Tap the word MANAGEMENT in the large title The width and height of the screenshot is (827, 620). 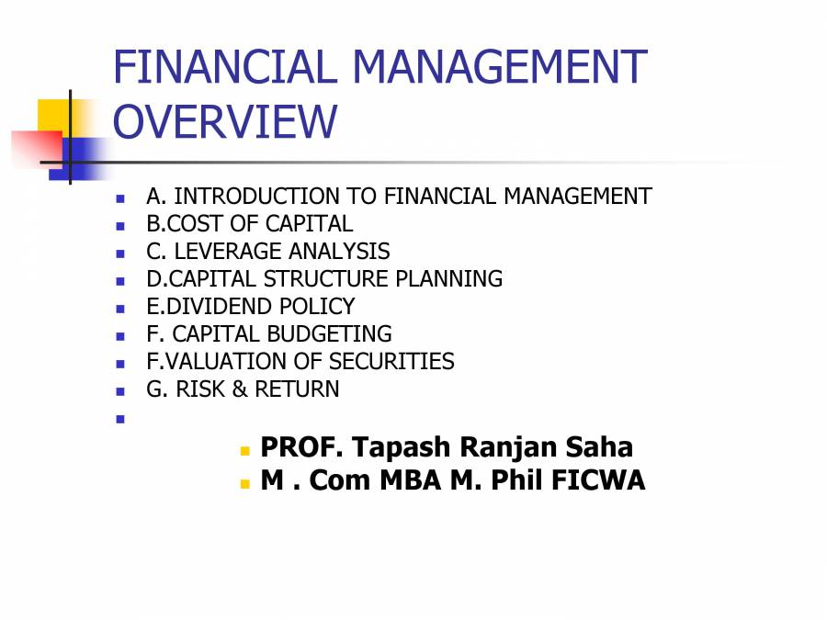(500, 68)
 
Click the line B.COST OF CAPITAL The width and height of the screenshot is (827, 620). (249, 224)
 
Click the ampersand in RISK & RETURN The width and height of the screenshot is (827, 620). (239, 389)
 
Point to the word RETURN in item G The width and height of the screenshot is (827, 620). (297, 389)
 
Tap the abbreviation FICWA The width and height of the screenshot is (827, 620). (598, 479)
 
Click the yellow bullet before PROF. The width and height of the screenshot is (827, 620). (245, 451)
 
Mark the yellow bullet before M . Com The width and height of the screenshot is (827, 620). (245, 483)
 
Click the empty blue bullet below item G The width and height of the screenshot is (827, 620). (119, 419)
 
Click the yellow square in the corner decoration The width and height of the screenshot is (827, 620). (53, 115)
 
